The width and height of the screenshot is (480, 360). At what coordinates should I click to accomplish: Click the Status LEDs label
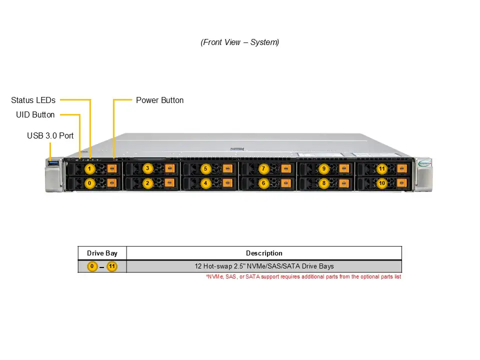pyautogui.click(x=33, y=100)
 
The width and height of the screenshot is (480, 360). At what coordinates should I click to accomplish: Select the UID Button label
pyautogui.click(x=35, y=114)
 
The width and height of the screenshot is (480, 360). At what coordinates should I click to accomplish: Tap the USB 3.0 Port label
pyautogui.click(x=50, y=135)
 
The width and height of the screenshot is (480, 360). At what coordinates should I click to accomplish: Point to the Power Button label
pyautogui.click(x=159, y=100)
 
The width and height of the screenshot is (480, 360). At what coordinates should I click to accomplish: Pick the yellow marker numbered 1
pyautogui.click(x=89, y=169)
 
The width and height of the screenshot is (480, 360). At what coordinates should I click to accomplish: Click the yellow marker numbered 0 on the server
pyautogui.click(x=89, y=183)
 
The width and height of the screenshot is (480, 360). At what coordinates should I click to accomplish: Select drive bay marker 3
pyautogui.click(x=147, y=168)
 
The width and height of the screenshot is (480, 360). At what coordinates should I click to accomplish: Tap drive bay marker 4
pyautogui.click(x=205, y=183)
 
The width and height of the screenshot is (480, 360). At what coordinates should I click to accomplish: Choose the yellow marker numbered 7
pyautogui.click(x=263, y=168)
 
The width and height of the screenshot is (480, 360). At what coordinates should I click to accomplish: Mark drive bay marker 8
pyautogui.click(x=324, y=183)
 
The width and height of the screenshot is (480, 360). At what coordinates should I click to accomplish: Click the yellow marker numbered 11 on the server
pyautogui.click(x=382, y=168)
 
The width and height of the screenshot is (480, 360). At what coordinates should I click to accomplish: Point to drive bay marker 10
pyautogui.click(x=382, y=183)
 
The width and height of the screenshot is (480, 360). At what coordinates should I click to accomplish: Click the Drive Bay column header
pyautogui.click(x=102, y=253)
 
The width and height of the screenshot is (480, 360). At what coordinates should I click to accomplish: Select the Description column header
pyautogui.click(x=264, y=253)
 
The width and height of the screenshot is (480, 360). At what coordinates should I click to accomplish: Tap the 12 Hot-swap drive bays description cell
pyautogui.click(x=264, y=266)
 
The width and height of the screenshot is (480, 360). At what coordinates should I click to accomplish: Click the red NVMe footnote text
pyautogui.click(x=303, y=276)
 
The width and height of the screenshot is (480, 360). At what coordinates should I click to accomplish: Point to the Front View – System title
pyautogui.click(x=240, y=42)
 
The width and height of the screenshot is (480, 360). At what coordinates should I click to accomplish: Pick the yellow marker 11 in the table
pyautogui.click(x=112, y=266)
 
